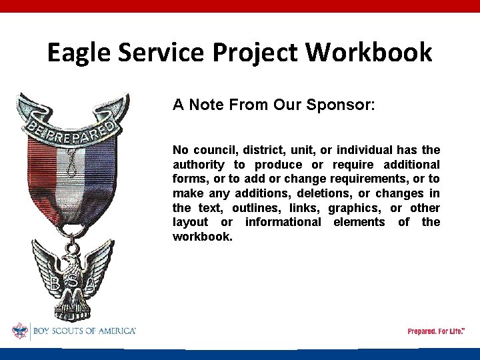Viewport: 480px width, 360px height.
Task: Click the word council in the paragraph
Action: (213, 150)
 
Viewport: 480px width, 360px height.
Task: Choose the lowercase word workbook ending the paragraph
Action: (203, 237)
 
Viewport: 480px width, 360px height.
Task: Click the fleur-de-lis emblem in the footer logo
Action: (19, 331)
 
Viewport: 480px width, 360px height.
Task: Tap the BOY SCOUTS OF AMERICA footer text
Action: (83, 331)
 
